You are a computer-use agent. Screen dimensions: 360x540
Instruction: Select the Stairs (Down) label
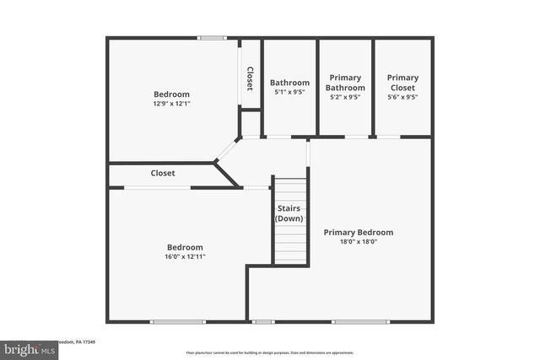[289, 213]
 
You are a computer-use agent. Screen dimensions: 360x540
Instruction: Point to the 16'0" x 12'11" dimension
[185, 256]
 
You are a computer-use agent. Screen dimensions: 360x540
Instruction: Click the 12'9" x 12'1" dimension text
[171, 104]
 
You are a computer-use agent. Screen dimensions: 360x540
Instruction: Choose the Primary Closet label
[403, 82]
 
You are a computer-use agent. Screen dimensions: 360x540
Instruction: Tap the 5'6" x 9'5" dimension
[403, 97]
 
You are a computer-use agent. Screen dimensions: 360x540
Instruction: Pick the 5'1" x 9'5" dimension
[290, 92]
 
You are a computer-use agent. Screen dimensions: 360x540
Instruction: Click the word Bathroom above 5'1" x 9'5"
[290, 83]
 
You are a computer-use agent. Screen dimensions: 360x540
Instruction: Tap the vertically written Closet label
[250, 78]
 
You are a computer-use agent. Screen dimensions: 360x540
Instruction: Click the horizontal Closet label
[163, 173]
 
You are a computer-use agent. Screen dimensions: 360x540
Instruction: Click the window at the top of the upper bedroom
[213, 37]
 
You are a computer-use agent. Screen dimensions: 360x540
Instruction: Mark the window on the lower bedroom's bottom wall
[177, 321]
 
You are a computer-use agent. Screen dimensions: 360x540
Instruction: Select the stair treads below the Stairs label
[289, 244]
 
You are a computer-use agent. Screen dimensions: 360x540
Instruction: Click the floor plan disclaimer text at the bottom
[270, 353]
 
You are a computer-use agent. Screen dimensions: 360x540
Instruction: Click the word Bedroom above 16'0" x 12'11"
[185, 247]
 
